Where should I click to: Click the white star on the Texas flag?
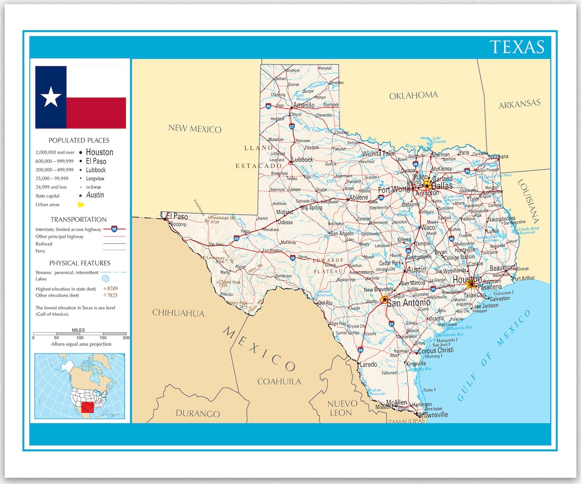(x=51, y=97)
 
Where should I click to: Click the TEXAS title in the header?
(x=517, y=47)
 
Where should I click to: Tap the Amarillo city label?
(x=303, y=105)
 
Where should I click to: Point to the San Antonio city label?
(x=408, y=303)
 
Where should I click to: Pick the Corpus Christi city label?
(x=436, y=351)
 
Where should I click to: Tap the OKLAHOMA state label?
(x=413, y=95)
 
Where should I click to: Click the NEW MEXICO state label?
(x=195, y=129)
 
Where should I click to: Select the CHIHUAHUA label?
(x=178, y=313)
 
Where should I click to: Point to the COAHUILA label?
(x=279, y=381)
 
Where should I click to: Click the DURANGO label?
(x=198, y=414)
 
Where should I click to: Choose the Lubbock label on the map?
(x=302, y=159)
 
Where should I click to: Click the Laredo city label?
(x=368, y=364)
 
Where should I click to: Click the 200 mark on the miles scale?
(x=126, y=338)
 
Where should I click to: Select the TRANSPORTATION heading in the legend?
(x=78, y=220)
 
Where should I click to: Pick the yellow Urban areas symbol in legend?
(x=80, y=204)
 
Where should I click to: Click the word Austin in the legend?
(x=95, y=195)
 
